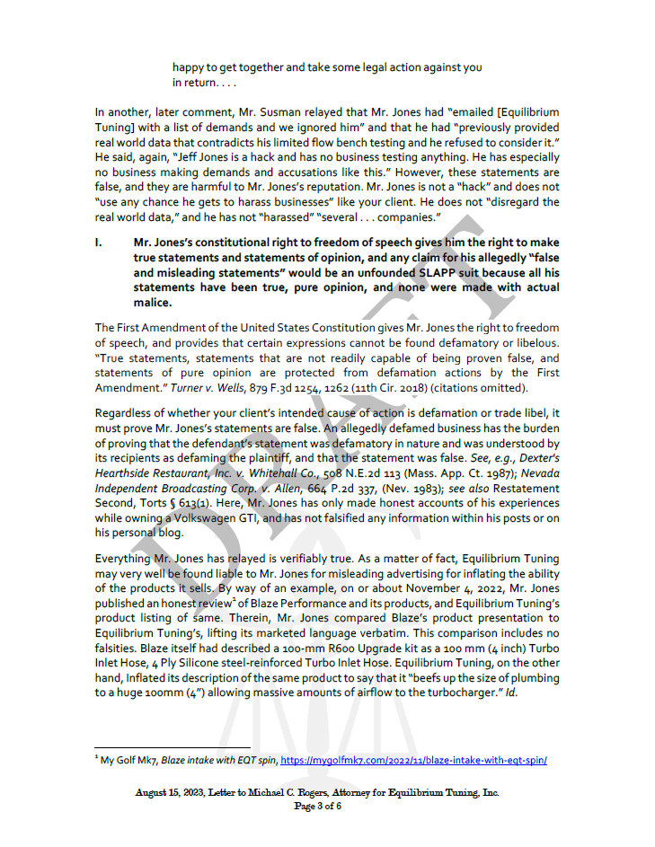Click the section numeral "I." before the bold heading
(x=100, y=243)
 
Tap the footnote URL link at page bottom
(x=414, y=760)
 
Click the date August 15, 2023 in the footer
(x=169, y=792)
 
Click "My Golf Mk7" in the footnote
(x=128, y=760)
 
